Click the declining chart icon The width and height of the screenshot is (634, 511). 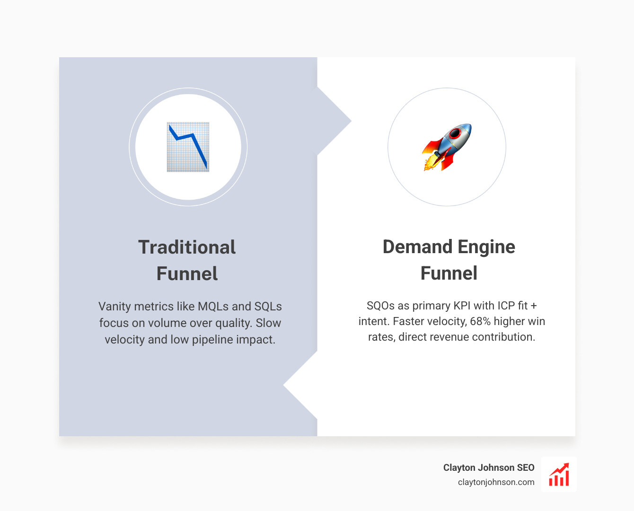pyautogui.click(x=188, y=147)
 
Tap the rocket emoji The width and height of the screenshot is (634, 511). pyautogui.click(x=447, y=147)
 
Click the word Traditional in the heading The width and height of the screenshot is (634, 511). pyautogui.click(x=187, y=247)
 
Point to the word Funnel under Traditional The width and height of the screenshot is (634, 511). pyautogui.click(x=187, y=274)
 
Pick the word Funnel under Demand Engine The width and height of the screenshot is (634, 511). pyautogui.click(x=449, y=273)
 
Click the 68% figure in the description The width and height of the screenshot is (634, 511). pyautogui.click(x=480, y=321)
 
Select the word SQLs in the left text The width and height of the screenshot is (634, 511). pyautogui.click(x=268, y=307)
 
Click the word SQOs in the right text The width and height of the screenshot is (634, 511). pyautogui.click(x=380, y=306)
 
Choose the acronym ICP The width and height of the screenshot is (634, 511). pyautogui.click(x=506, y=306)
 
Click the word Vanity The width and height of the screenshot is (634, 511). pyautogui.click(x=114, y=307)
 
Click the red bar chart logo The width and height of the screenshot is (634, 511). pyautogui.click(x=559, y=475)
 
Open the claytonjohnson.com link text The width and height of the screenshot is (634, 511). pyautogui.click(x=496, y=482)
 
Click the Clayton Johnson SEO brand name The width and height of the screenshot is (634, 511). pyautogui.click(x=488, y=467)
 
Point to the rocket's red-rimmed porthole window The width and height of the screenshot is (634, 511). pyautogui.click(x=455, y=133)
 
